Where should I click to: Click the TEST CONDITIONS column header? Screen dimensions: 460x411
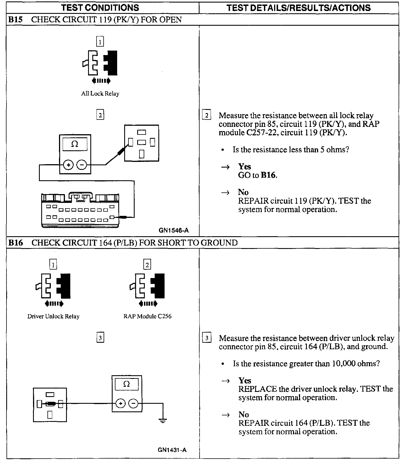pyautogui.click(x=100, y=8)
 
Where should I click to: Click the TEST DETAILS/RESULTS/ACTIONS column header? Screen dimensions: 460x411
pyautogui.click(x=298, y=8)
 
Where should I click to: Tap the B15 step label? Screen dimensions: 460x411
pyautogui.click(x=15, y=20)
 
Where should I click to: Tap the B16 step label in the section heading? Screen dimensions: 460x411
pyautogui.click(x=15, y=243)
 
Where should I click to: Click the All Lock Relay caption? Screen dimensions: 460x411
pyautogui.click(x=100, y=94)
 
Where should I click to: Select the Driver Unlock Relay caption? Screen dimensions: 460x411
pyautogui.click(x=53, y=316)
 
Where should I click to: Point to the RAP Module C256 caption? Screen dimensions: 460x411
pyautogui.click(x=147, y=316)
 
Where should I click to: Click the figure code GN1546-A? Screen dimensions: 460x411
pyautogui.click(x=174, y=230)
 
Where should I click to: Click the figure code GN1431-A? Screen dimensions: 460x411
pyautogui.click(x=172, y=450)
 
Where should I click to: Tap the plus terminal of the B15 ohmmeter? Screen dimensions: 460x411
pyautogui.click(x=68, y=165)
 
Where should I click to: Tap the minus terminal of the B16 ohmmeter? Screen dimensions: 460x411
pyautogui.click(x=134, y=403)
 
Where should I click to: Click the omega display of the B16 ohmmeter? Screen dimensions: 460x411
pyautogui.click(x=126, y=384)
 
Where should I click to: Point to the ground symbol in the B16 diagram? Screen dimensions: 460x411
pyautogui.click(x=163, y=421)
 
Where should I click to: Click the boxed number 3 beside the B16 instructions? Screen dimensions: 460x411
pyautogui.click(x=207, y=338)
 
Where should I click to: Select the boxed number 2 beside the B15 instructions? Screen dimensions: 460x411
pyautogui.click(x=207, y=115)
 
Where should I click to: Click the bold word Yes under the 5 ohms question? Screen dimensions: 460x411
pyautogui.click(x=244, y=166)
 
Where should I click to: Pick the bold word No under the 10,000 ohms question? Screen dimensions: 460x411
pyautogui.click(x=243, y=415)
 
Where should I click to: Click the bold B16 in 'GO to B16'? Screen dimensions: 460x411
pyautogui.click(x=268, y=175)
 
